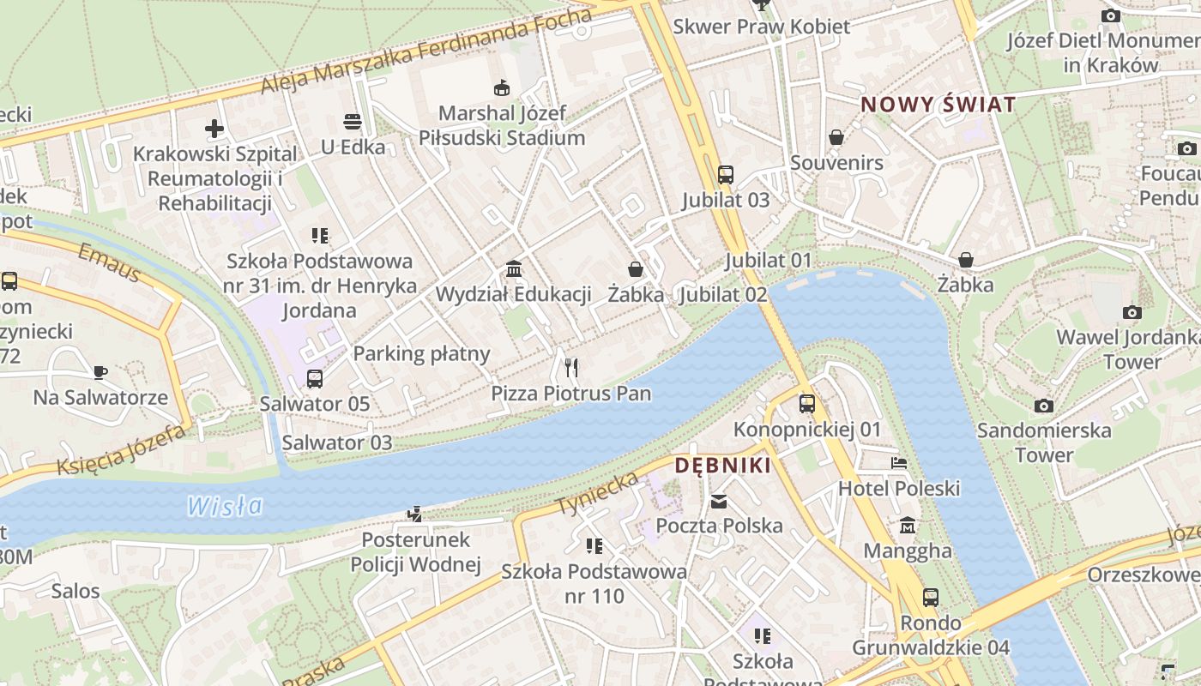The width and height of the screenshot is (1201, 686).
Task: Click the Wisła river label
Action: (x=225, y=506)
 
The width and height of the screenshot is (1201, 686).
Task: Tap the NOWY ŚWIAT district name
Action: (x=938, y=105)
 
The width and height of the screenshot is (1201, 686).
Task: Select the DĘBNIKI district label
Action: (x=722, y=466)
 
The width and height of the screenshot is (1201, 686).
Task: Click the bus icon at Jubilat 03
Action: (x=726, y=175)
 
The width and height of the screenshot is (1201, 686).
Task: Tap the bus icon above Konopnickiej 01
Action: (x=807, y=404)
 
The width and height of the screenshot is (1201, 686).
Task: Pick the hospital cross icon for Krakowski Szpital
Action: (x=214, y=129)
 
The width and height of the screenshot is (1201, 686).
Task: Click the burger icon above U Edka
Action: (x=353, y=122)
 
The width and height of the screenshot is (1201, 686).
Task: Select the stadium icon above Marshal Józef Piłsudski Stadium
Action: (x=502, y=87)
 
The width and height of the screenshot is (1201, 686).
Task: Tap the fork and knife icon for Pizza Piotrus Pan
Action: (x=571, y=368)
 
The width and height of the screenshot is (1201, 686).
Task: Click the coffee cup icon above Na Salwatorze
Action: (x=100, y=372)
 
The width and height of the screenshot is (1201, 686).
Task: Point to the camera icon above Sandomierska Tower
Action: (x=1044, y=406)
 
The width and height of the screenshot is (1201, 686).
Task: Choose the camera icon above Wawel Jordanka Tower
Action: (x=1132, y=312)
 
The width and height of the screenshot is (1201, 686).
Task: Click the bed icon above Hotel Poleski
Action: (x=898, y=463)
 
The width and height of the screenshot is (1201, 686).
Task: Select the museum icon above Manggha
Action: (x=908, y=525)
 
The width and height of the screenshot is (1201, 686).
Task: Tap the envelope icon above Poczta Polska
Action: (x=719, y=501)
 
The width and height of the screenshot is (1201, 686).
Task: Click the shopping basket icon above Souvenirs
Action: (x=836, y=137)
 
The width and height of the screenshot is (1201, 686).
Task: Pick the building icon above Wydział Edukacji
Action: (x=514, y=269)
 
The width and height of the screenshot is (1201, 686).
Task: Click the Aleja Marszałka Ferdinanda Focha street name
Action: (x=426, y=53)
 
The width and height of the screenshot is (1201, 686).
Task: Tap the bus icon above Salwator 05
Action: (x=315, y=378)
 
